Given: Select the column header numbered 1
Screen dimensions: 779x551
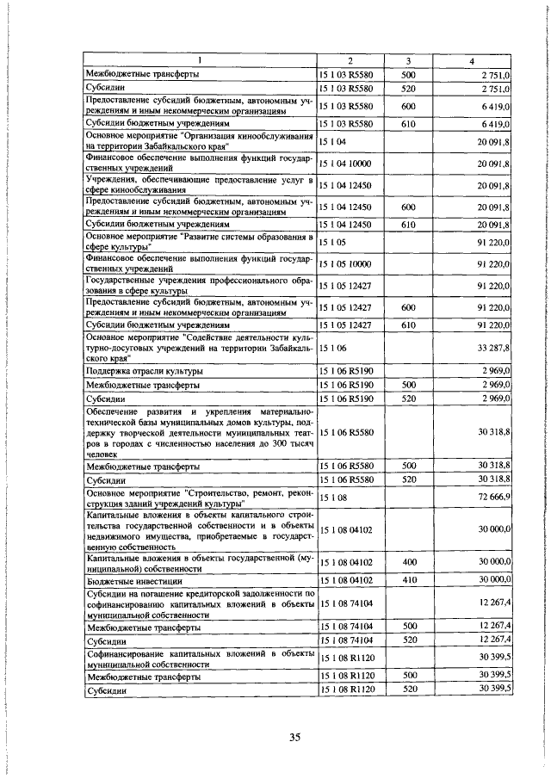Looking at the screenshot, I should point(200,60).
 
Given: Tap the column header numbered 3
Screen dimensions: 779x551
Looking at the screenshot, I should point(408,60).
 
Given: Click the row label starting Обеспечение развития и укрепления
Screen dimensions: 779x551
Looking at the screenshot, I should point(198,431).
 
